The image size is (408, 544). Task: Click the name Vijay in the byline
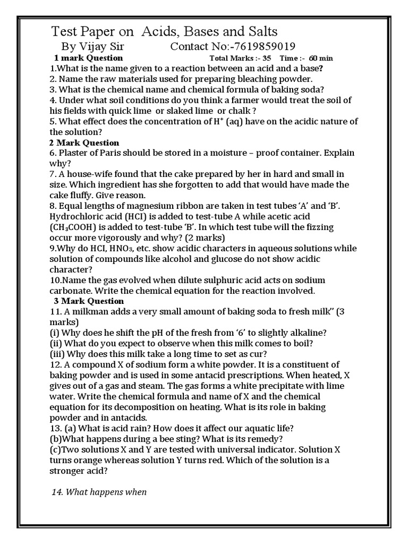(95, 47)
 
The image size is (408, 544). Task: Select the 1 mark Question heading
(89, 58)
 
